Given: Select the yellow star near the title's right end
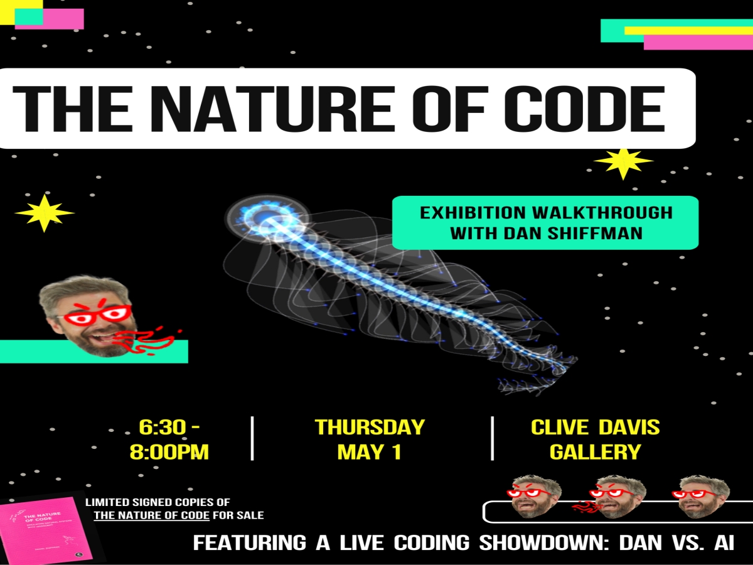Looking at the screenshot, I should point(623,163).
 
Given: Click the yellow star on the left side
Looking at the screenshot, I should point(45,213).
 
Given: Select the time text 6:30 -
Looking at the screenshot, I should point(169,428).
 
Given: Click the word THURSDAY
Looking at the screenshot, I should point(370,428).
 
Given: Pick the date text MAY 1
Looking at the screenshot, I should point(369,452).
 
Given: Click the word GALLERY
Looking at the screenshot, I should point(595,452).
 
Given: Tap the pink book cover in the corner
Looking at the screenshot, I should point(47,528).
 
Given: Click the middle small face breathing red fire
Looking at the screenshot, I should point(618,496).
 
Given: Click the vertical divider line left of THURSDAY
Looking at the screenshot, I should point(252,438).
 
